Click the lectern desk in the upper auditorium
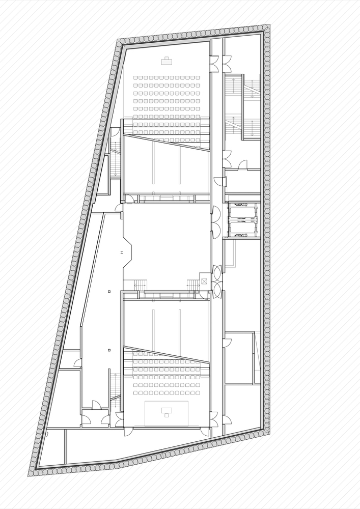[x=167, y=62]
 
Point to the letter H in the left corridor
[x=121, y=252]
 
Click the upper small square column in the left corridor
[x=109, y=291]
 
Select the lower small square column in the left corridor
[x=109, y=350]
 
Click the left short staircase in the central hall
[x=141, y=285]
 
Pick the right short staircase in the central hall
[x=193, y=285]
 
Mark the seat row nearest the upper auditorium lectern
[x=167, y=78]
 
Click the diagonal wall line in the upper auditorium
[x=167, y=142]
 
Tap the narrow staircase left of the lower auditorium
[x=116, y=389]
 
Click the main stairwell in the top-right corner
[x=243, y=107]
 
